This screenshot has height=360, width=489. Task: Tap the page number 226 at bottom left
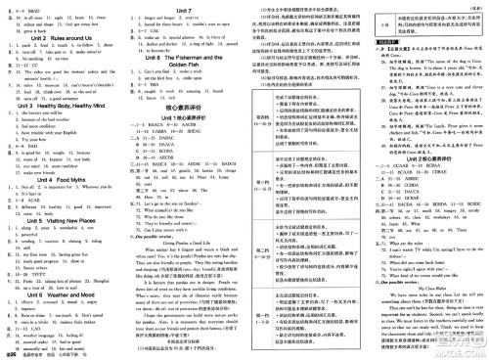click(x=11, y=353)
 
